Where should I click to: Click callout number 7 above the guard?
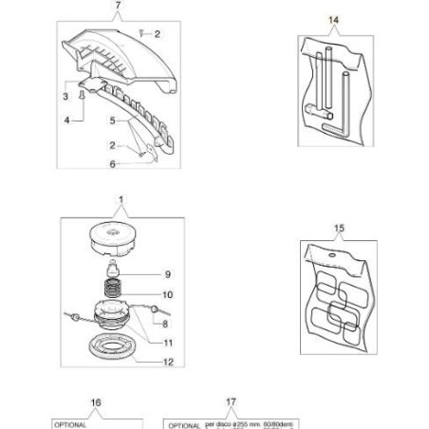tap(118, 7)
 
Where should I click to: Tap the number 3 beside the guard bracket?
tap(65, 97)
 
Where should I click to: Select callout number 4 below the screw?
tap(65, 121)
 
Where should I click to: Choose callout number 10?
tap(167, 295)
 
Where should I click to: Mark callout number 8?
tap(167, 323)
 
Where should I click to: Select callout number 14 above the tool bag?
tap(333, 19)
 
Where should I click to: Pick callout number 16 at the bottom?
tap(95, 402)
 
